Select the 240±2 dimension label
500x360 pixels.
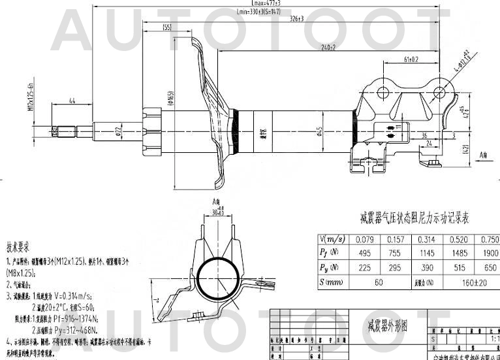tap(328, 48)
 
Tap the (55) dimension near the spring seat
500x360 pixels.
tap(167, 27)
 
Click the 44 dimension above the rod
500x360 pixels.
tap(72, 100)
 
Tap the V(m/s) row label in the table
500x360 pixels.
tap(332, 239)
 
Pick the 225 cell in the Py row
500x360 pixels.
tap(366, 268)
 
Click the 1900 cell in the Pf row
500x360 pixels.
tap(490, 254)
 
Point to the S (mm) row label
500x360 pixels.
tap(332, 283)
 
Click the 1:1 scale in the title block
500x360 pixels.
tap(494, 340)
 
